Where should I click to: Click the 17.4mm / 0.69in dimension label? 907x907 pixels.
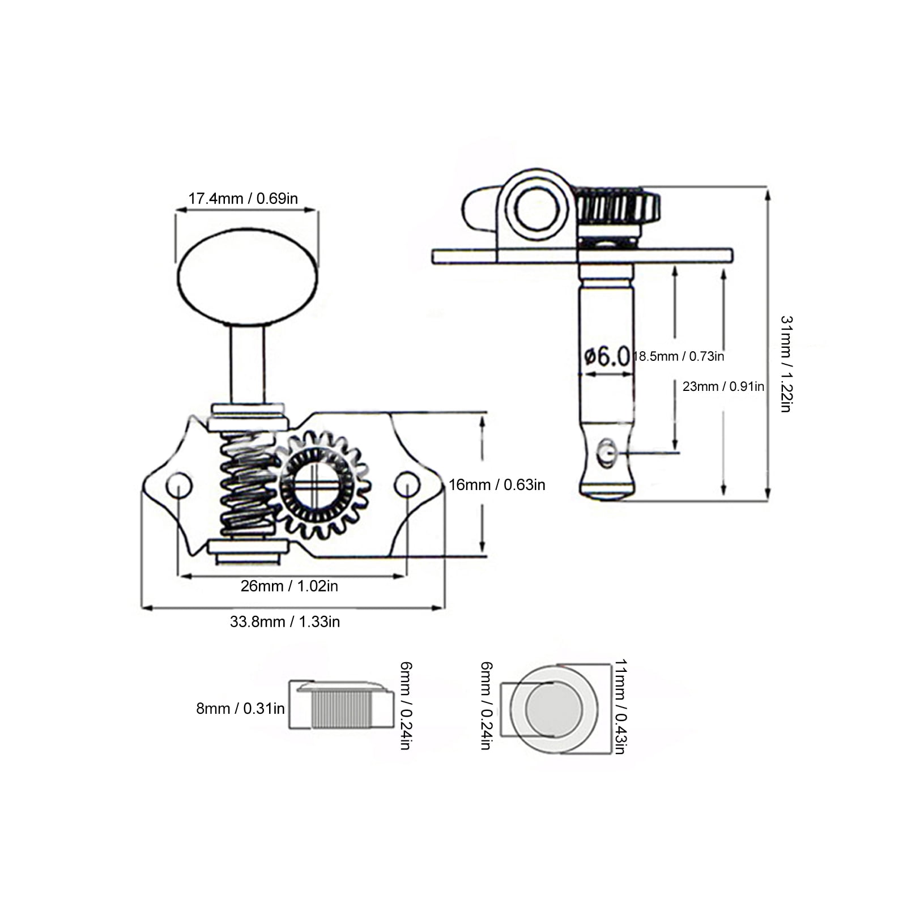point(243,198)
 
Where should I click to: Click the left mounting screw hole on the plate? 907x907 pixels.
point(179,486)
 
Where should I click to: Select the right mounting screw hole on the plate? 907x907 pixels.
point(407,485)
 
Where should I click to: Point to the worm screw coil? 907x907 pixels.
point(247,484)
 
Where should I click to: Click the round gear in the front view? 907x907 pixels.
point(319,485)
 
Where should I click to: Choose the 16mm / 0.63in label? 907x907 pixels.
point(497,485)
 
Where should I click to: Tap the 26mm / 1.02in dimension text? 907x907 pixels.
point(289,586)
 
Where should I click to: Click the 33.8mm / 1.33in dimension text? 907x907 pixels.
point(285,621)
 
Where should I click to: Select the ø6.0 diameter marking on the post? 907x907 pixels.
point(606,357)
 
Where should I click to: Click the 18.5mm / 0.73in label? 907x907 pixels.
point(679,356)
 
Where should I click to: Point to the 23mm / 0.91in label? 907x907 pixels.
point(723,386)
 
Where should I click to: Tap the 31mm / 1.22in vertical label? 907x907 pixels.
point(786,364)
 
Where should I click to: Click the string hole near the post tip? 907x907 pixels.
point(607,452)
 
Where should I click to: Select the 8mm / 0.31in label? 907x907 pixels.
point(240,708)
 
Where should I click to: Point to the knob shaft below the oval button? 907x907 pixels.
point(248,365)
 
